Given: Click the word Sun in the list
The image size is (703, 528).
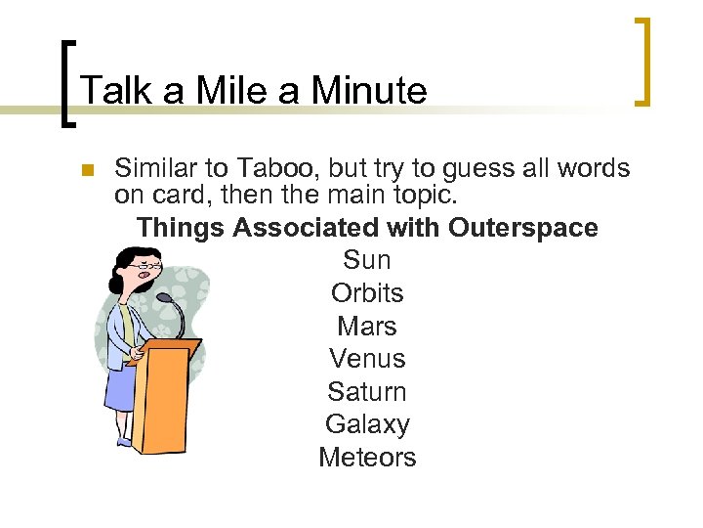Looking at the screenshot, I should point(367,260).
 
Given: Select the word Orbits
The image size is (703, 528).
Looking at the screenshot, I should point(367,293).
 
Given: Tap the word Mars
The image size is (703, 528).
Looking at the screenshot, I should point(367,326).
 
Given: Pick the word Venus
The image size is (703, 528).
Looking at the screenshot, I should point(367,359).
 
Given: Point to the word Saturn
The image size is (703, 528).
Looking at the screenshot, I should point(367,391).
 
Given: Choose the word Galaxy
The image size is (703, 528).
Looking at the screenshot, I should point(367,424).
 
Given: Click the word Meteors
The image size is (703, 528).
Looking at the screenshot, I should point(367,457).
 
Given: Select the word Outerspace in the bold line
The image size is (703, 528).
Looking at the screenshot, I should point(523,228).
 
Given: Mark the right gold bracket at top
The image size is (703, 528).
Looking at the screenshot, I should point(642,60).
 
